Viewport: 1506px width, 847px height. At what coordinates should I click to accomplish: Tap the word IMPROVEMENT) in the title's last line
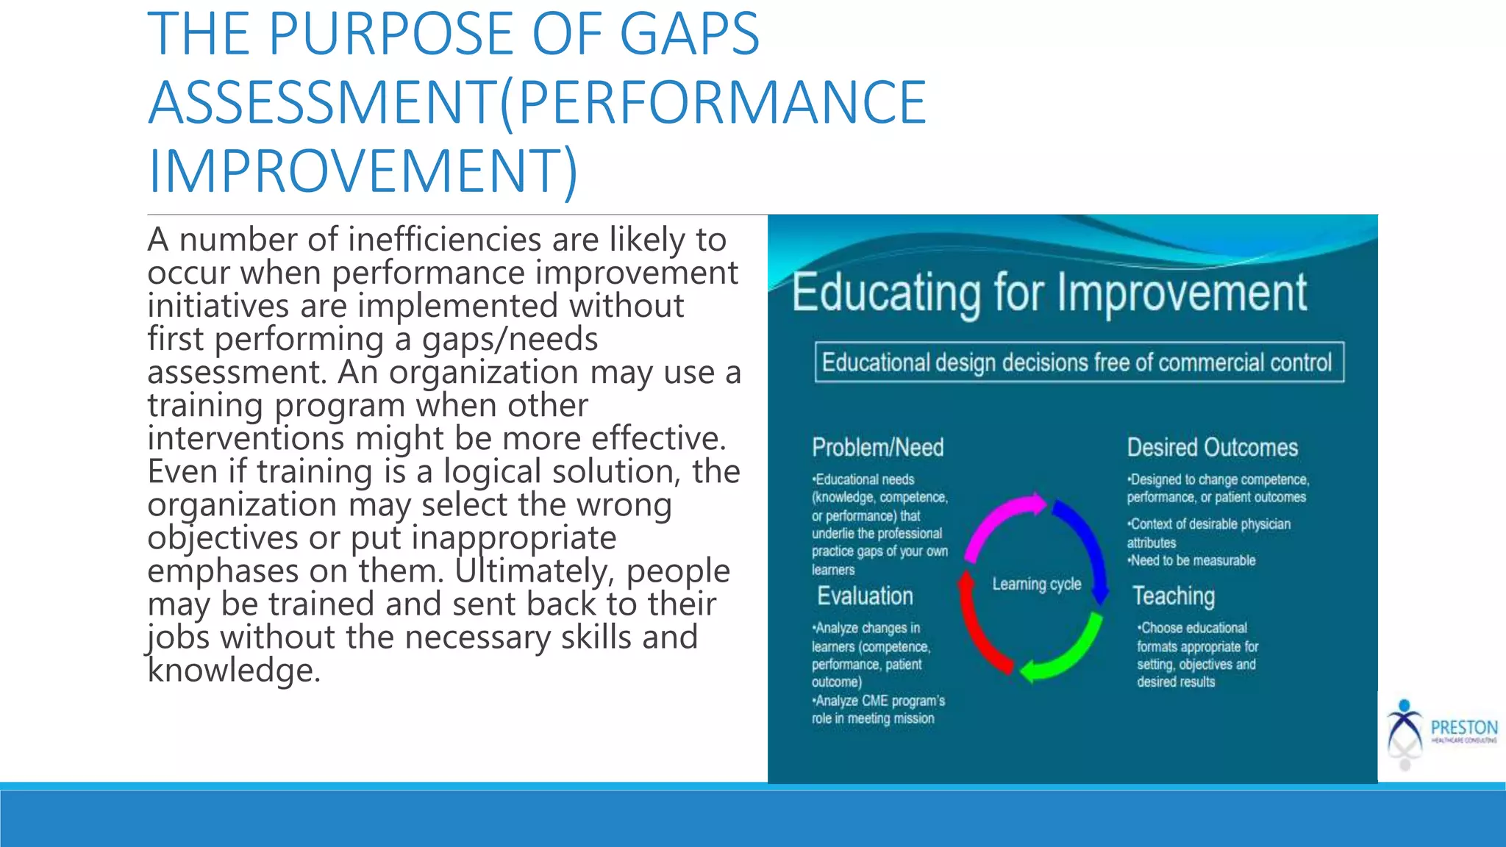(363, 171)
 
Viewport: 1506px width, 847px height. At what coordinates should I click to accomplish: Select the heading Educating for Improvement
(1049, 293)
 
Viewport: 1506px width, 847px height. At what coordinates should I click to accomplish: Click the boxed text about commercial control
(1078, 362)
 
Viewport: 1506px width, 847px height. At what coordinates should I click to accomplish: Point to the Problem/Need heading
(877, 447)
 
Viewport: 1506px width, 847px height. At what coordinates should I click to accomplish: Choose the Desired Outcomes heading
(1212, 447)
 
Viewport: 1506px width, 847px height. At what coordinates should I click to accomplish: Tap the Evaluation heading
(865, 596)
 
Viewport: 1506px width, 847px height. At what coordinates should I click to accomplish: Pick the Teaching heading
(1173, 596)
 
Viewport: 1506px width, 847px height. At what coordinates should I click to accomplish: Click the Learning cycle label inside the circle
(1036, 584)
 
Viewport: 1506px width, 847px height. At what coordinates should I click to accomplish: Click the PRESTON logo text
(1463, 727)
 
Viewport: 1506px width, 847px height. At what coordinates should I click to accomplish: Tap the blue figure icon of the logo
(1405, 724)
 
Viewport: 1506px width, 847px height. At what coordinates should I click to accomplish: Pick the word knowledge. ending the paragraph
(234, 670)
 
